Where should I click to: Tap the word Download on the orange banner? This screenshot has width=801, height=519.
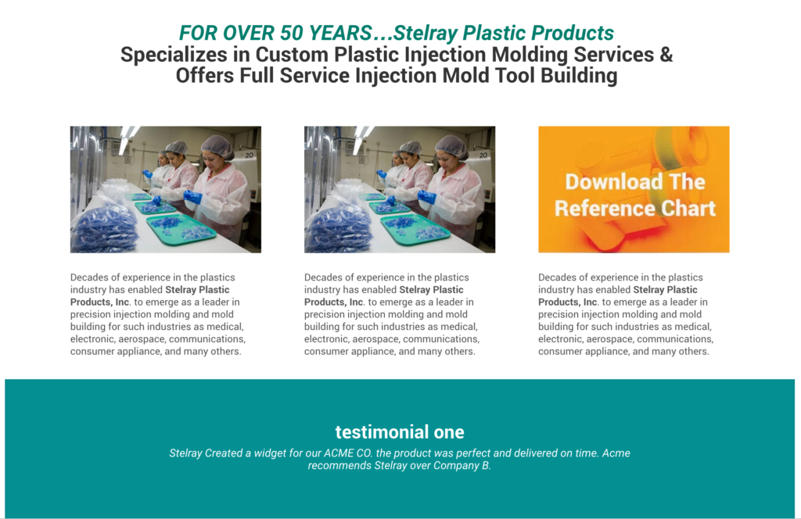tap(607, 182)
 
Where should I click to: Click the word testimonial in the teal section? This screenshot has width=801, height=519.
tap(382, 432)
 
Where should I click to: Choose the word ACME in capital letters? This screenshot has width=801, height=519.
tap(337, 453)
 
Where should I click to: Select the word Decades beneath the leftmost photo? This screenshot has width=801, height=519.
tap(88, 277)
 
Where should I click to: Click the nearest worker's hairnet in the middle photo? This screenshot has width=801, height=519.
tap(451, 146)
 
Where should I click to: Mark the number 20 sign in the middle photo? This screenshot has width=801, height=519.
tap(483, 155)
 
